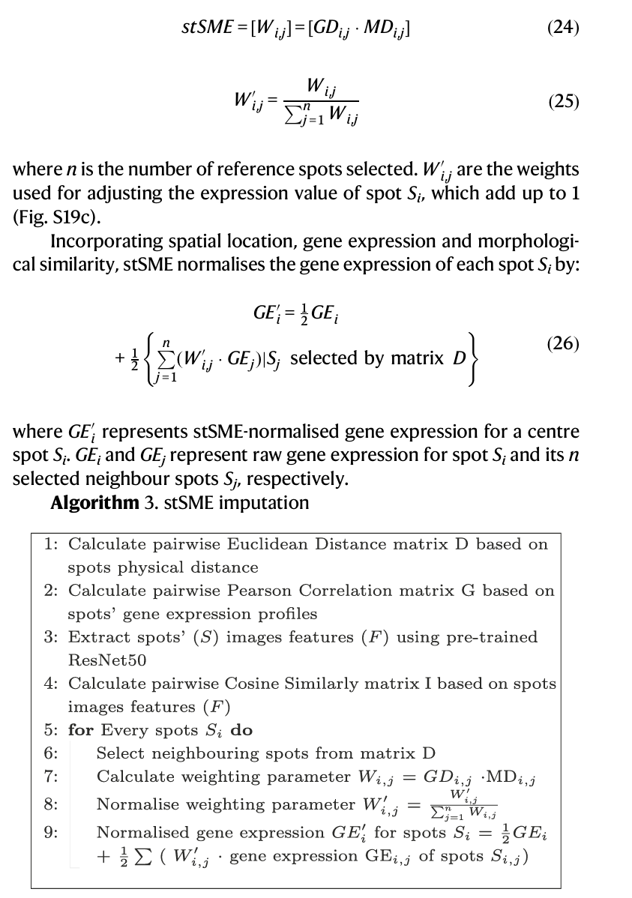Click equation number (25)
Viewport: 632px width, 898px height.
[564, 101]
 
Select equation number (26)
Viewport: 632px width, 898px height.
[564, 344]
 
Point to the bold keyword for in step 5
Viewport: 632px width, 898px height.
[80, 730]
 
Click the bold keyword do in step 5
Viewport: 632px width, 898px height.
[241, 730]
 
